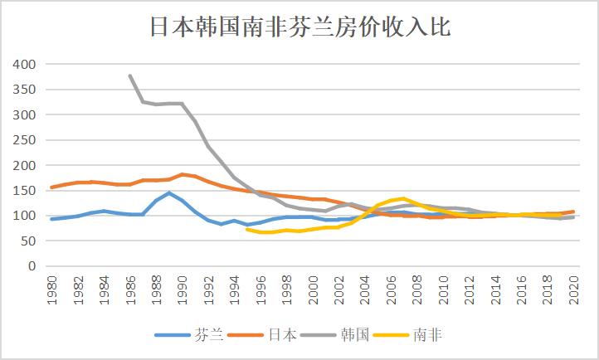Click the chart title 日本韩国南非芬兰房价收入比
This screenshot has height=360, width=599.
point(299,27)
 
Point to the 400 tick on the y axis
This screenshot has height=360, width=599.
point(24,64)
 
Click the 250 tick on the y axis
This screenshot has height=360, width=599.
point(24,140)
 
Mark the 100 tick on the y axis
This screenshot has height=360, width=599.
point(24,216)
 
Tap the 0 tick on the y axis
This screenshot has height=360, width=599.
point(32,266)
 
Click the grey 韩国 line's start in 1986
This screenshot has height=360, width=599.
point(129,75)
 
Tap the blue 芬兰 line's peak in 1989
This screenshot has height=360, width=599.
point(169,193)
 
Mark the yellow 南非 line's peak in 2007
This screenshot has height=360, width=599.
point(403,198)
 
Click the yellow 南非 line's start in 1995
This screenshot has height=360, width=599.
point(247,229)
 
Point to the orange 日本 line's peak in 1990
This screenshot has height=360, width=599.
point(182,174)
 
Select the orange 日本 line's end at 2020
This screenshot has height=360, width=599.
point(572,212)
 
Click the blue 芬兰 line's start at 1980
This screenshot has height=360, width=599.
point(51,219)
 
